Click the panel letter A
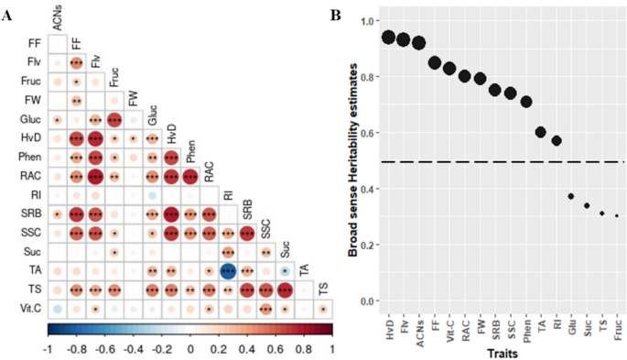[7, 16]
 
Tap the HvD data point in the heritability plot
[388, 37]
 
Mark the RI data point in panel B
[556, 141]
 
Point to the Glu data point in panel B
[570, 196]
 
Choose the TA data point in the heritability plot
[540, 132]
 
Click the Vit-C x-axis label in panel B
[449, 327]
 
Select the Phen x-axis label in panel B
[525, 327]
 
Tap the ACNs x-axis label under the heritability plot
[418, 327]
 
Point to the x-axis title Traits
[501, 351]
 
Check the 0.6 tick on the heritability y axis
[369, 133]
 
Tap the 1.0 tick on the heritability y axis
[369, 20]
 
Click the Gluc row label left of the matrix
[28, 119]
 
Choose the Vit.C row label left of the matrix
[28, 309]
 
